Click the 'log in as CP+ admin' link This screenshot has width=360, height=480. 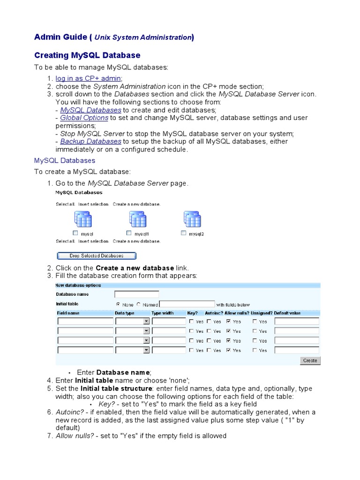pos(89,78)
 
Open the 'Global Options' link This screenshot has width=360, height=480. pos(84,118)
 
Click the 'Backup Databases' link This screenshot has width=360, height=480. pos(90,141)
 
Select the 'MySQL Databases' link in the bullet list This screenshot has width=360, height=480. pos(90,110)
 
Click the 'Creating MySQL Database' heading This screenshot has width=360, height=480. pos(87,55)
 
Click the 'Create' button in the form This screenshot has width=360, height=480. pos(310,360)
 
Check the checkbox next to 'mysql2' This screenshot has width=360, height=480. pos(184,233)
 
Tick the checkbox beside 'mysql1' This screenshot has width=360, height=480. pos(129,233)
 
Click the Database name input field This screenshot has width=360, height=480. pos(136,294)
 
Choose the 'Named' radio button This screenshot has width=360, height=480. pos(139,304)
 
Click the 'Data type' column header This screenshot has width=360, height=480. pos(125,313)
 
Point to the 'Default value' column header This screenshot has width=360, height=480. pos(287,313)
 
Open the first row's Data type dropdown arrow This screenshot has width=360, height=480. pos(146,322)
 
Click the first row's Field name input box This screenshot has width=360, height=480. pos(85,322)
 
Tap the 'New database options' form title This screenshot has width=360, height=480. pos(78,285)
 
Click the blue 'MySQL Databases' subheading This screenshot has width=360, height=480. pos(65,160)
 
